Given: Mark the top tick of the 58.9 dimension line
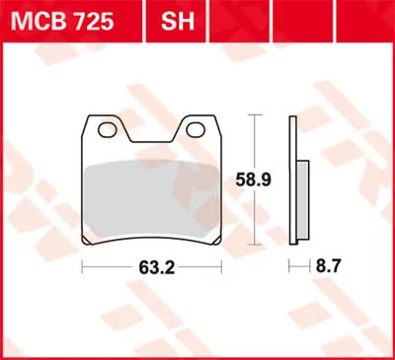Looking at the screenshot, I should click(256, 114).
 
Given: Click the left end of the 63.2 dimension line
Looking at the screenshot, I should click(83, 266).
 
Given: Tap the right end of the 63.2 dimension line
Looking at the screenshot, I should click(223, 266).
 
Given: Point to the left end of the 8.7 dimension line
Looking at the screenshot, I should click(289, 266).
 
